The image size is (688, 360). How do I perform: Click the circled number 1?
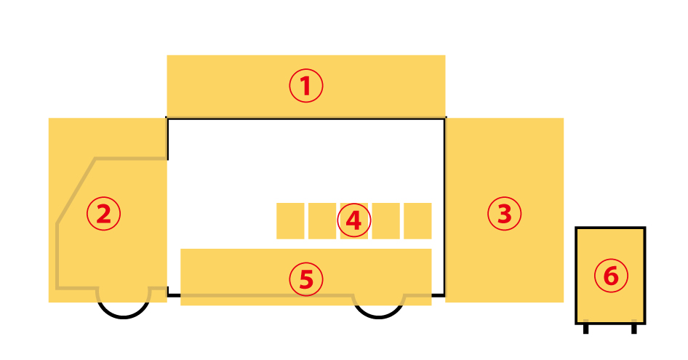click(306, 86)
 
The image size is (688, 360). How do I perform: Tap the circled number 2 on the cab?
click(103, 214)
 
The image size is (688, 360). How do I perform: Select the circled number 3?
click(505, 214)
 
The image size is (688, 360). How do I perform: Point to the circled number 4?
click(354, 220)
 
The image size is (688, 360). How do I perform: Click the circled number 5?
click(306, 279)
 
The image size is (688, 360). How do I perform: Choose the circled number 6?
click(611, 276)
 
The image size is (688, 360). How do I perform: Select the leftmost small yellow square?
click(290, 221)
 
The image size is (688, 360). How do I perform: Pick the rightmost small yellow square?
click(417, 221)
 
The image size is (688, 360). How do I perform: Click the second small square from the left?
click(322, 221)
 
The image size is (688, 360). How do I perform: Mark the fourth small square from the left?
click(385, 221)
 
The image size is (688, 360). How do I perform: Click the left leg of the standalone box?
click(585, 329)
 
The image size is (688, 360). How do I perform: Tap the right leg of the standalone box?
click(634, 329)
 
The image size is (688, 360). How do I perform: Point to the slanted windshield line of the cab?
click(76, 191)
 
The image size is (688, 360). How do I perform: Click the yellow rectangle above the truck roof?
click(306, 86)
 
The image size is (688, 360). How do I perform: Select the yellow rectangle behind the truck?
click(505, 210)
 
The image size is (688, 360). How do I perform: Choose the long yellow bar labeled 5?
click(306, 277)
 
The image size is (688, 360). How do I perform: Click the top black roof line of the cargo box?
click(306, 118)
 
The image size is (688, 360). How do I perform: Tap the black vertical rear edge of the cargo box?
click(444, 207)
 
